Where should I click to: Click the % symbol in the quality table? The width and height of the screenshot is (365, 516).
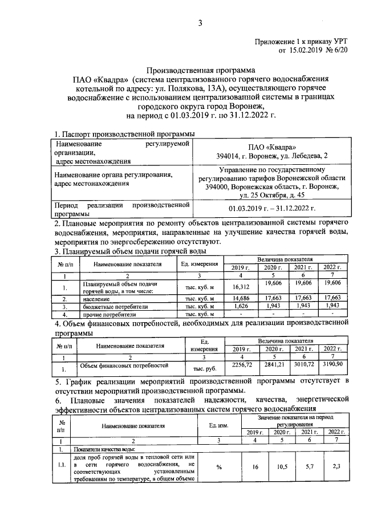click(219, 468)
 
